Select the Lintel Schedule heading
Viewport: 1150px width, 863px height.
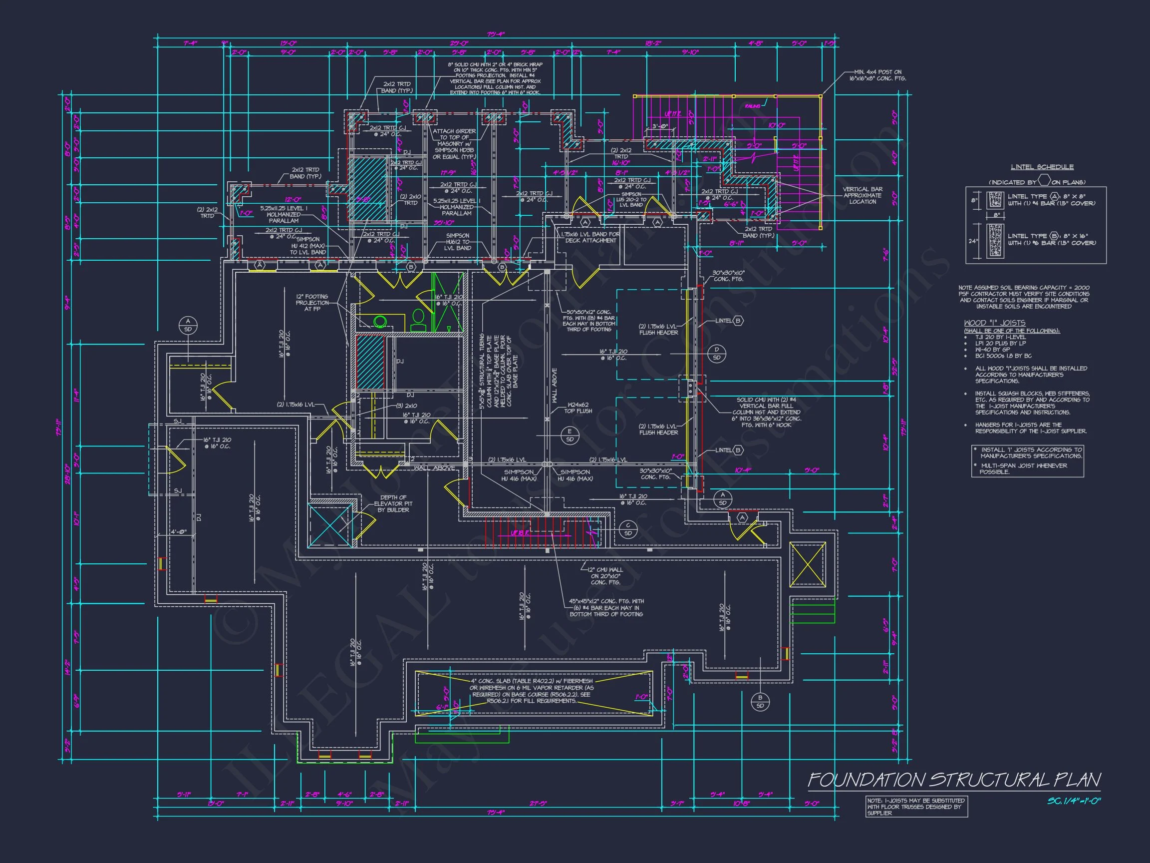tap(1042, 167)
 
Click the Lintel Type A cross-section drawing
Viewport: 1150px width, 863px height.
tap(995, 200)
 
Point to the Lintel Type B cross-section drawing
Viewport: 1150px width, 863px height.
tap(995, 241)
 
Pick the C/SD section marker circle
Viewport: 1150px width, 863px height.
tap(628, 529)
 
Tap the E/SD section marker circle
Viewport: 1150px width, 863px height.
tap(570, 435)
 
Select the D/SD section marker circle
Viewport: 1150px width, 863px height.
tap(716, 353)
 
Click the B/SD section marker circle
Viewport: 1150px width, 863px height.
tap(760, 702)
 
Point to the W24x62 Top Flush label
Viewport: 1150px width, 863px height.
tap(578, 408)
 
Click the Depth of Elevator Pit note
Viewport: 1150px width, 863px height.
tap(393, 503)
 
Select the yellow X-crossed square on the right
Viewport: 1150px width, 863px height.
tap(808, 564)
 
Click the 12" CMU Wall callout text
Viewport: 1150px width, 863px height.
tap(602, 576)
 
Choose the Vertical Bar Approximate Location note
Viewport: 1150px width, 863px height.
tap(862, 195)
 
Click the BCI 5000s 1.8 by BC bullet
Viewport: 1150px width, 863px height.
tap(1003, 356)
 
